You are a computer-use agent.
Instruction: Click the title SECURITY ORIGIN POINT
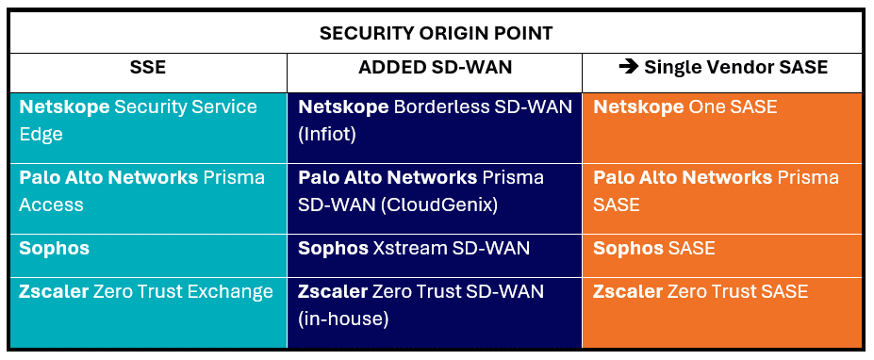(436, 33)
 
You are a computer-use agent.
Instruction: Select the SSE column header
(149, 67)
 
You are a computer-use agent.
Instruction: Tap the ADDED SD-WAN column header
(435, 67)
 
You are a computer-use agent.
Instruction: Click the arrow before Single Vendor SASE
(628, 67)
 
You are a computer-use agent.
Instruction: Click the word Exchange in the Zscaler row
(230, 292)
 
